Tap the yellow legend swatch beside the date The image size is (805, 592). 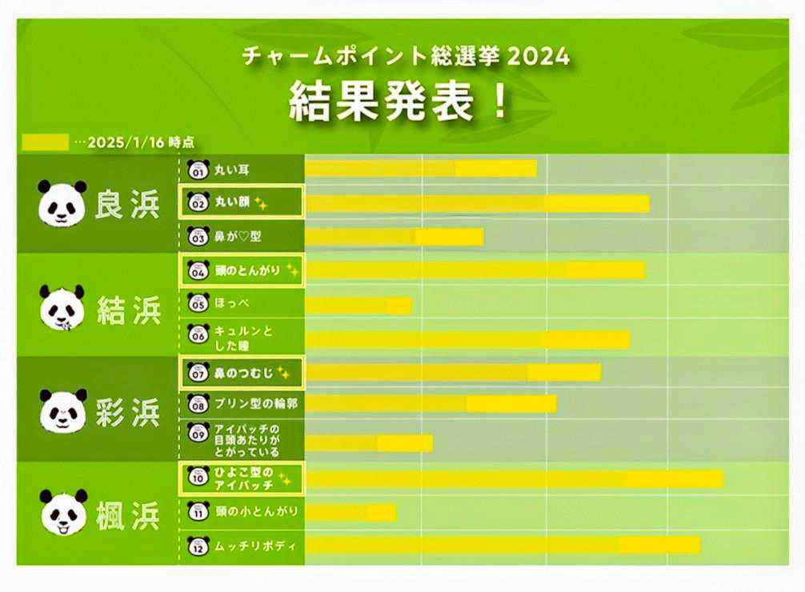click(x=45, y=142)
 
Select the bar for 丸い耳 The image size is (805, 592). click(x=421, y=168)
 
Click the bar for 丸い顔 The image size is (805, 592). click(x=478, y=204)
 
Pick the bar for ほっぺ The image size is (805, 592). click(x=358, y=306)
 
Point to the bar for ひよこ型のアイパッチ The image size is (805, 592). click(x=515, y=478)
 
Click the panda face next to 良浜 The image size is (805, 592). click(x=62, y=202)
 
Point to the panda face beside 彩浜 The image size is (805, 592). click(x=62, y=410)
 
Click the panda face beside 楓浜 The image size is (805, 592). click(x=62, y=513)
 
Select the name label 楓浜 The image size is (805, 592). click(x=128, y=514)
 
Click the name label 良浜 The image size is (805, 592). click(x=128, y=203)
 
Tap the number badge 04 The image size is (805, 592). click(x=197, y=270)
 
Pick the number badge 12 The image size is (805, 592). click(x=197, y=546)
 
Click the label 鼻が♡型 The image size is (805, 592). click(x=238, y=237)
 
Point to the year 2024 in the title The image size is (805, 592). click(x=539, y=57)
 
